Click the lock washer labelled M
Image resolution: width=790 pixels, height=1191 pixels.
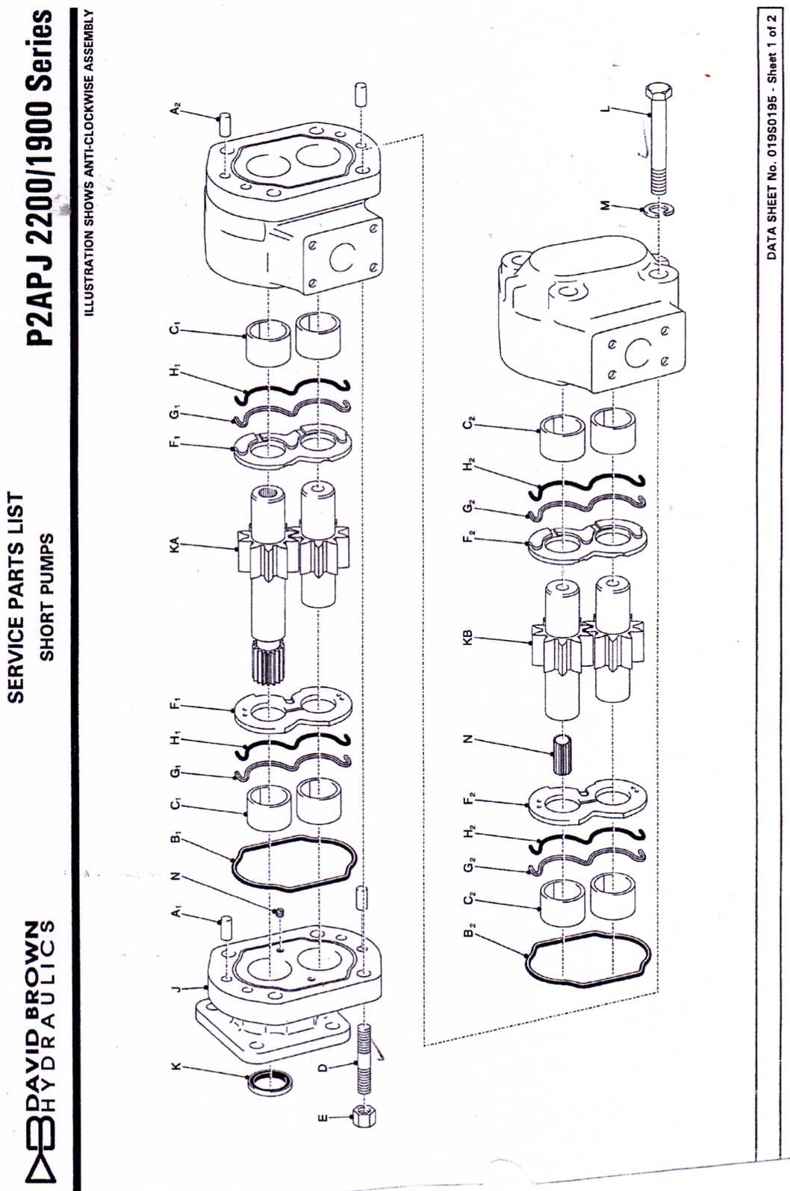[659, 209]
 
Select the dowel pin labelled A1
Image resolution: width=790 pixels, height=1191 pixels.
[226, 929]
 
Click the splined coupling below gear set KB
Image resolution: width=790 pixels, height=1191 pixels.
[563, 753]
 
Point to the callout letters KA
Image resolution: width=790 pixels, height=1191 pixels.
[176, 544]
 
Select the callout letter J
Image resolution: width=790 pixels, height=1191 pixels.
[176, 989]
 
